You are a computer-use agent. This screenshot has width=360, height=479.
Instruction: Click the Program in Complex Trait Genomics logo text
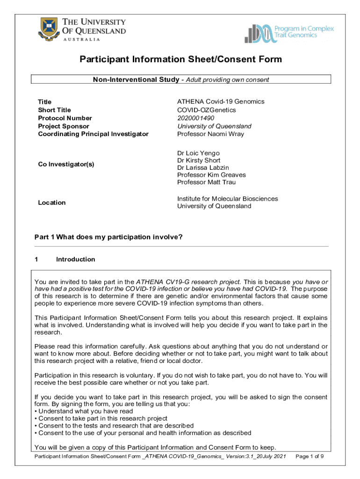[x=307, y=32]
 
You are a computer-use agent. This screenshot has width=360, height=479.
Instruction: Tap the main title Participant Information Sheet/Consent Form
[x=180, y=59]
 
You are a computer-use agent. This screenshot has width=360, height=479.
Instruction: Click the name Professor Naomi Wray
[x=210, y=134]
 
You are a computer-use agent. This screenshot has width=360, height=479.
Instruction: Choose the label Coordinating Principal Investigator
[x=93, y=134]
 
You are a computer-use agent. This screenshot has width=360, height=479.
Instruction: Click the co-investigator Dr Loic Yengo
[x=198, y=153]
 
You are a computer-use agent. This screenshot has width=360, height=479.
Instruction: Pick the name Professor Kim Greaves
[x=211, y=175]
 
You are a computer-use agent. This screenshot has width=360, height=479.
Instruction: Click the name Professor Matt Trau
[x=206, y=182]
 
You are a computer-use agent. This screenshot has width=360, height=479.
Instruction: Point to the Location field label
[x=51, y=203]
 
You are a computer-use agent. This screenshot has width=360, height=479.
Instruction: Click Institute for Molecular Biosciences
[x=227, y=199]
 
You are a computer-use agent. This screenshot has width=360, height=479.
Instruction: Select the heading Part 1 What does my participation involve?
[x=108, y=237]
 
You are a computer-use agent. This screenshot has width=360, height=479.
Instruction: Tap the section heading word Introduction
[x=75, y=259]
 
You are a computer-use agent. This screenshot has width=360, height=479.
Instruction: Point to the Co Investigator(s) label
[x=66, y=164]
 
